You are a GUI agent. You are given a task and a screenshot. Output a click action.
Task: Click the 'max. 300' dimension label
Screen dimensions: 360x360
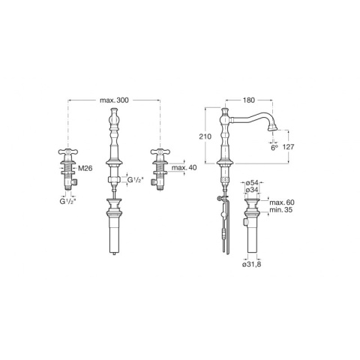coord(114,100)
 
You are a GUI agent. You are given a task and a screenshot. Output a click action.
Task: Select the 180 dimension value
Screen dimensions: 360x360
coord(249,100)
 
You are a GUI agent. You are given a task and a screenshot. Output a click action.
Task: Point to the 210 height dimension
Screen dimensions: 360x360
coord(205,136)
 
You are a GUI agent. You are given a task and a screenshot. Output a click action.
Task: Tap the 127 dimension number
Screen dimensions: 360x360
coord(289,147)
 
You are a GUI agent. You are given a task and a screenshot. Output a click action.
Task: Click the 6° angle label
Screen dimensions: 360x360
coord(274,148)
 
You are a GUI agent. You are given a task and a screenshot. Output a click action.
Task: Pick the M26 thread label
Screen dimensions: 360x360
coord(85,169)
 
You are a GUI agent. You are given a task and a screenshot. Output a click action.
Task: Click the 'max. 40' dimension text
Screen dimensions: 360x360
coord(184,167)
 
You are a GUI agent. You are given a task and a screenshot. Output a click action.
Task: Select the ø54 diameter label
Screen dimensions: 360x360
coord(250,183)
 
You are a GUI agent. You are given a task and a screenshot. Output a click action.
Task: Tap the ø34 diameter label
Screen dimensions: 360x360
coord(250,190)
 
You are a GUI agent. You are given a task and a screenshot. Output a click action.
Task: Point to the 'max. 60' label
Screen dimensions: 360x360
coord(282,202)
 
